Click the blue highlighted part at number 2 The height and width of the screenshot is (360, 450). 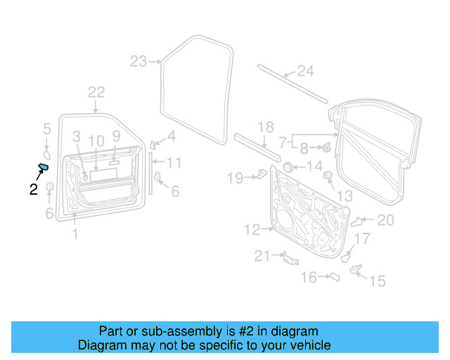[x=43, y=167]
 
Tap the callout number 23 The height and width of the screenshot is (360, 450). [x=139, y=61]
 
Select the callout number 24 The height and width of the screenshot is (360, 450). [x=304, y=70]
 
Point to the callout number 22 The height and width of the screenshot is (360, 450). [x=96, y=91]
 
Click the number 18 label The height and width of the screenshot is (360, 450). [x=265, y=127]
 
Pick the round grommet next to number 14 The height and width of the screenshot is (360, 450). [x=287, y=167]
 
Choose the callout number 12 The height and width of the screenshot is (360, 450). [x=252, y=229]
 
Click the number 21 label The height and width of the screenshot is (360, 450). [x=262, y=257]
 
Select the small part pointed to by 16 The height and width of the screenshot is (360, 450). [x=335, y=277]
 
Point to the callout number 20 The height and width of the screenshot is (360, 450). [x=385, y=220]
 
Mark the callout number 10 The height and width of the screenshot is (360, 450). [x=96, y=141]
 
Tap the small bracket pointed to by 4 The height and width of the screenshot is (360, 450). [x=152, y=144]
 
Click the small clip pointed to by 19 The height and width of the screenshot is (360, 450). [x=262, y=173]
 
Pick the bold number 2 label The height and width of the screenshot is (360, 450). [x=33, y=188]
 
